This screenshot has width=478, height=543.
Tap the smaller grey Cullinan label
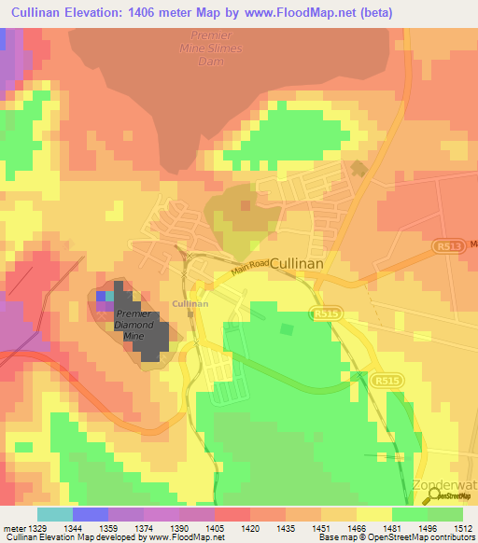click(190, 303)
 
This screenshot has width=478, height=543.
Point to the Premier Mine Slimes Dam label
click(210, 48)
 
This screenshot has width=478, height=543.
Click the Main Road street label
click(250, 268)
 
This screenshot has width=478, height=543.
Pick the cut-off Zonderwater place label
click(444, 486)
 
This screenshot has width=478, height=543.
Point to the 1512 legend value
click(462, 528)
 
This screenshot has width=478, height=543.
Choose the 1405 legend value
click(214, 528)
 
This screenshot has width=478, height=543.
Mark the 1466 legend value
click(356, 528)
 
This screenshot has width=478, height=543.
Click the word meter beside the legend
click(13, 528)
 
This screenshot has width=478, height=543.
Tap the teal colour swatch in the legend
click(55, 514)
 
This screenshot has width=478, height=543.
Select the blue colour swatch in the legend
click(91, 514)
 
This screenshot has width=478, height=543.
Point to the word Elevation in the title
click(106, 13)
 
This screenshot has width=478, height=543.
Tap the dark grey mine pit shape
click(149, 336)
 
